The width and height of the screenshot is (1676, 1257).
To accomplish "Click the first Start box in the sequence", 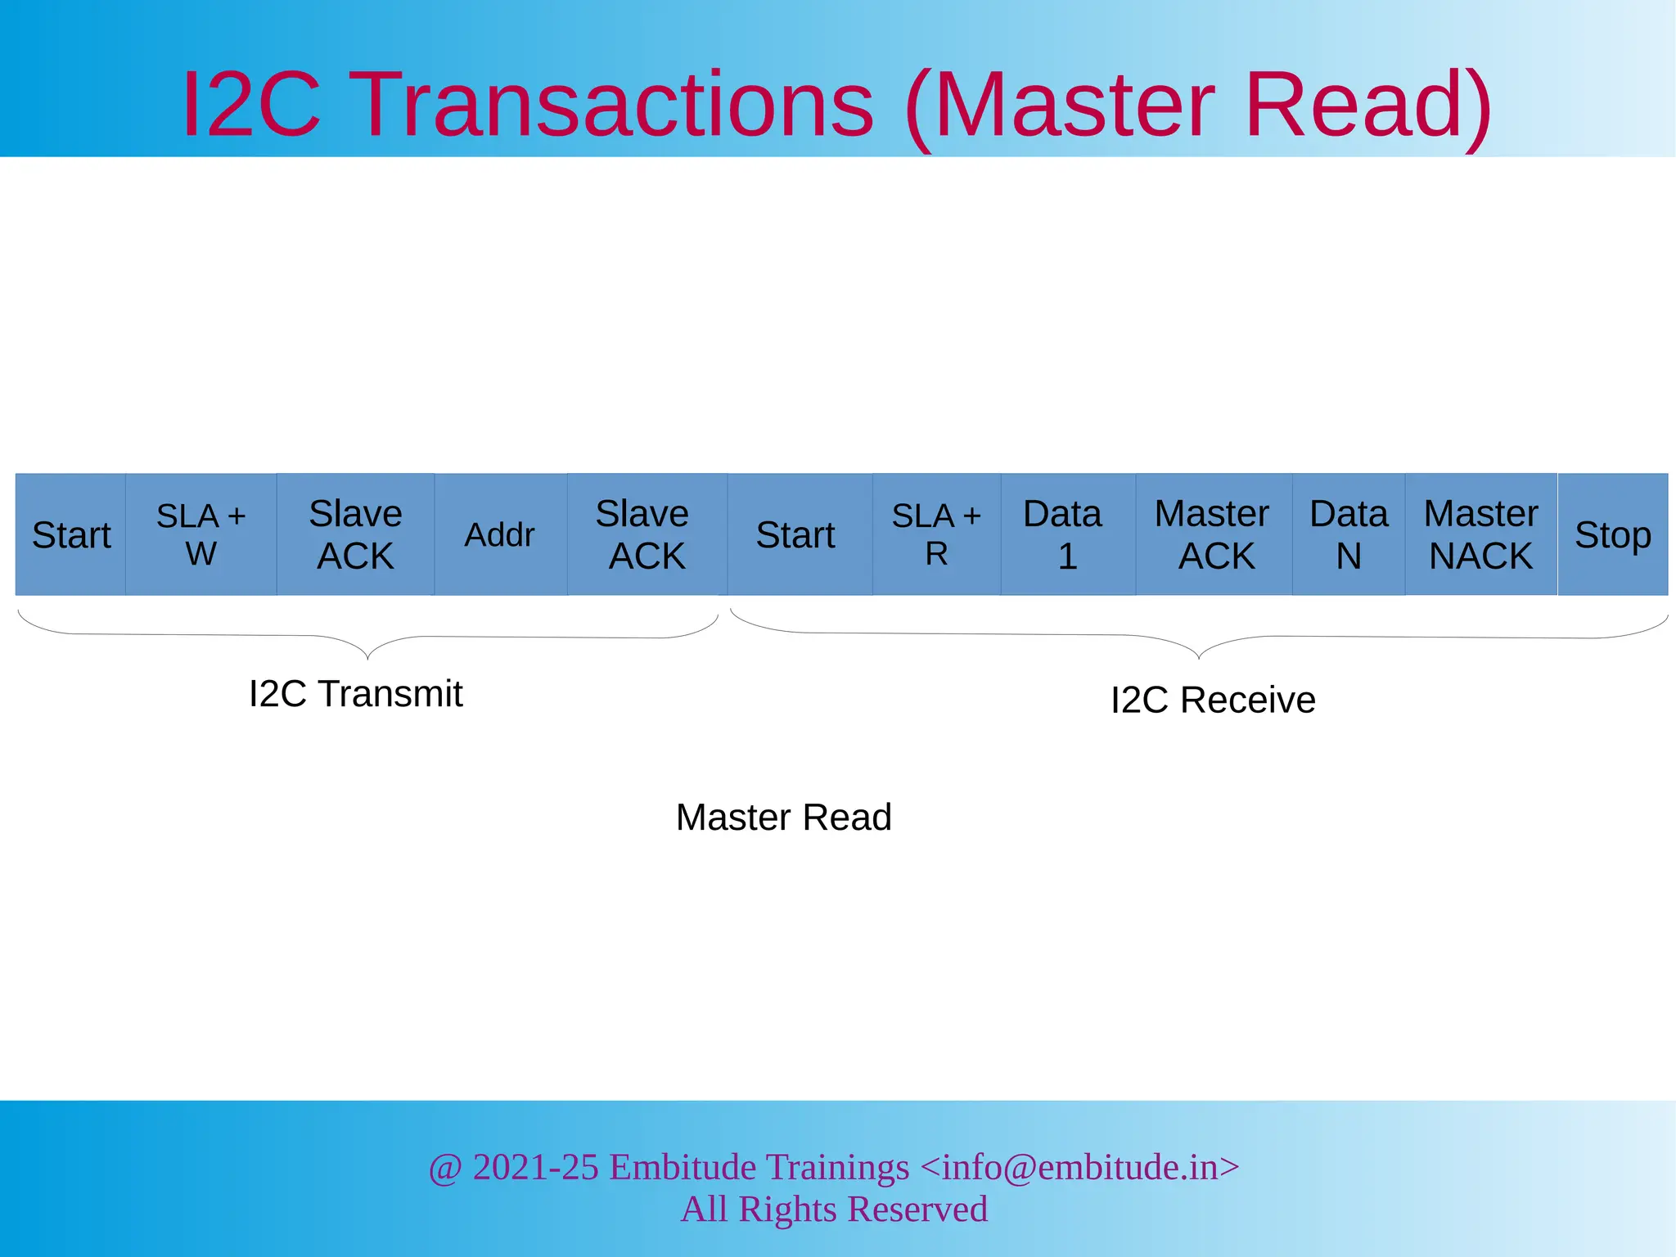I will (x=70, y=534).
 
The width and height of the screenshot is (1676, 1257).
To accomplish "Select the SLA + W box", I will (x=200, y=534).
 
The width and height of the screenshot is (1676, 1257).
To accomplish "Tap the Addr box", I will (x=499, y=534).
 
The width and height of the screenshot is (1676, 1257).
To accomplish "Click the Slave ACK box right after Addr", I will (x=647, y=534).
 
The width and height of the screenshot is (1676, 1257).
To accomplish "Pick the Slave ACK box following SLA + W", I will (x=355, y=534).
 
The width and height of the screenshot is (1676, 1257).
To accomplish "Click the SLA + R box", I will (x=936, y=534).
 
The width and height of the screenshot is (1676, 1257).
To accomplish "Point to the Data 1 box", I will (x=1067, y=534).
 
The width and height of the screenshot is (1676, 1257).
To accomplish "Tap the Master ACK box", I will (x=1214, y=534).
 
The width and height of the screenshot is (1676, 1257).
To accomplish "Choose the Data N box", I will (x=1349, y=534).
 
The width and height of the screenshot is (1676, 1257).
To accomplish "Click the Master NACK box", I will (x=1480, y=534).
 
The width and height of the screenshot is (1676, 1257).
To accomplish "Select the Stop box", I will (x=1612, y=534).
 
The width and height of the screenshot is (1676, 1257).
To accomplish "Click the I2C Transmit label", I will (x=355, y=694).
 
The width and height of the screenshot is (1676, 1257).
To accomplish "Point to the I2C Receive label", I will (x=1213, y=701).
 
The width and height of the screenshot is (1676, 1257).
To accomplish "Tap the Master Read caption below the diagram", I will (x=783, y=818).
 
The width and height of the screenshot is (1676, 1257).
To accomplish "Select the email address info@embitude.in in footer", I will (x=1079, y=1167).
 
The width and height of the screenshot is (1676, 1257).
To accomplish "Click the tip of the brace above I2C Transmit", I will (x=368, y=658).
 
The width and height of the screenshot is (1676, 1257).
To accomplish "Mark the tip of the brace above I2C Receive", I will (x=1199, y=657).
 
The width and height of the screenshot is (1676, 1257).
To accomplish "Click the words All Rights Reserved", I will (x=834, y=1210).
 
